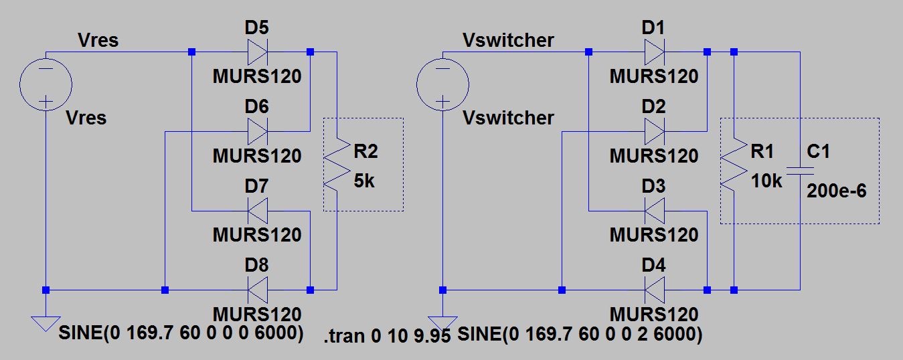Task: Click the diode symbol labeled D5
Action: tap(257, 52)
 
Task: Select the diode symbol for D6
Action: tap(257, 131)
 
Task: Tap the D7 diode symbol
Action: tap(257, 211)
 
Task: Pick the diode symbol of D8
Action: tap(257, 290)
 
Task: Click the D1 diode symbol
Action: tap(653, 52)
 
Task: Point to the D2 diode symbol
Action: tap(653, 131)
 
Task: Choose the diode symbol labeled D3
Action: tap(653, 211)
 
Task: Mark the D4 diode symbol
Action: tap(653, 290)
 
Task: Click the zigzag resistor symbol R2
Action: tap(337, 165)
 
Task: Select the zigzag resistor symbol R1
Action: tap(734, 165)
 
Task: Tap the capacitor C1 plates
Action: tap(799, 171)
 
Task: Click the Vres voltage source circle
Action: tap(46, 85)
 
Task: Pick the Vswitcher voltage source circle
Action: tap(442, 85)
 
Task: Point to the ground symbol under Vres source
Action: tap(46, 324)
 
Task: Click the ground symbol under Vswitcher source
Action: tap(442, 324)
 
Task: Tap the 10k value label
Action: tap(766, 181)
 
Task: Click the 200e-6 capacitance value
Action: tap(837, 191)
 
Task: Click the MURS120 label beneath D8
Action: tap(257, 313)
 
